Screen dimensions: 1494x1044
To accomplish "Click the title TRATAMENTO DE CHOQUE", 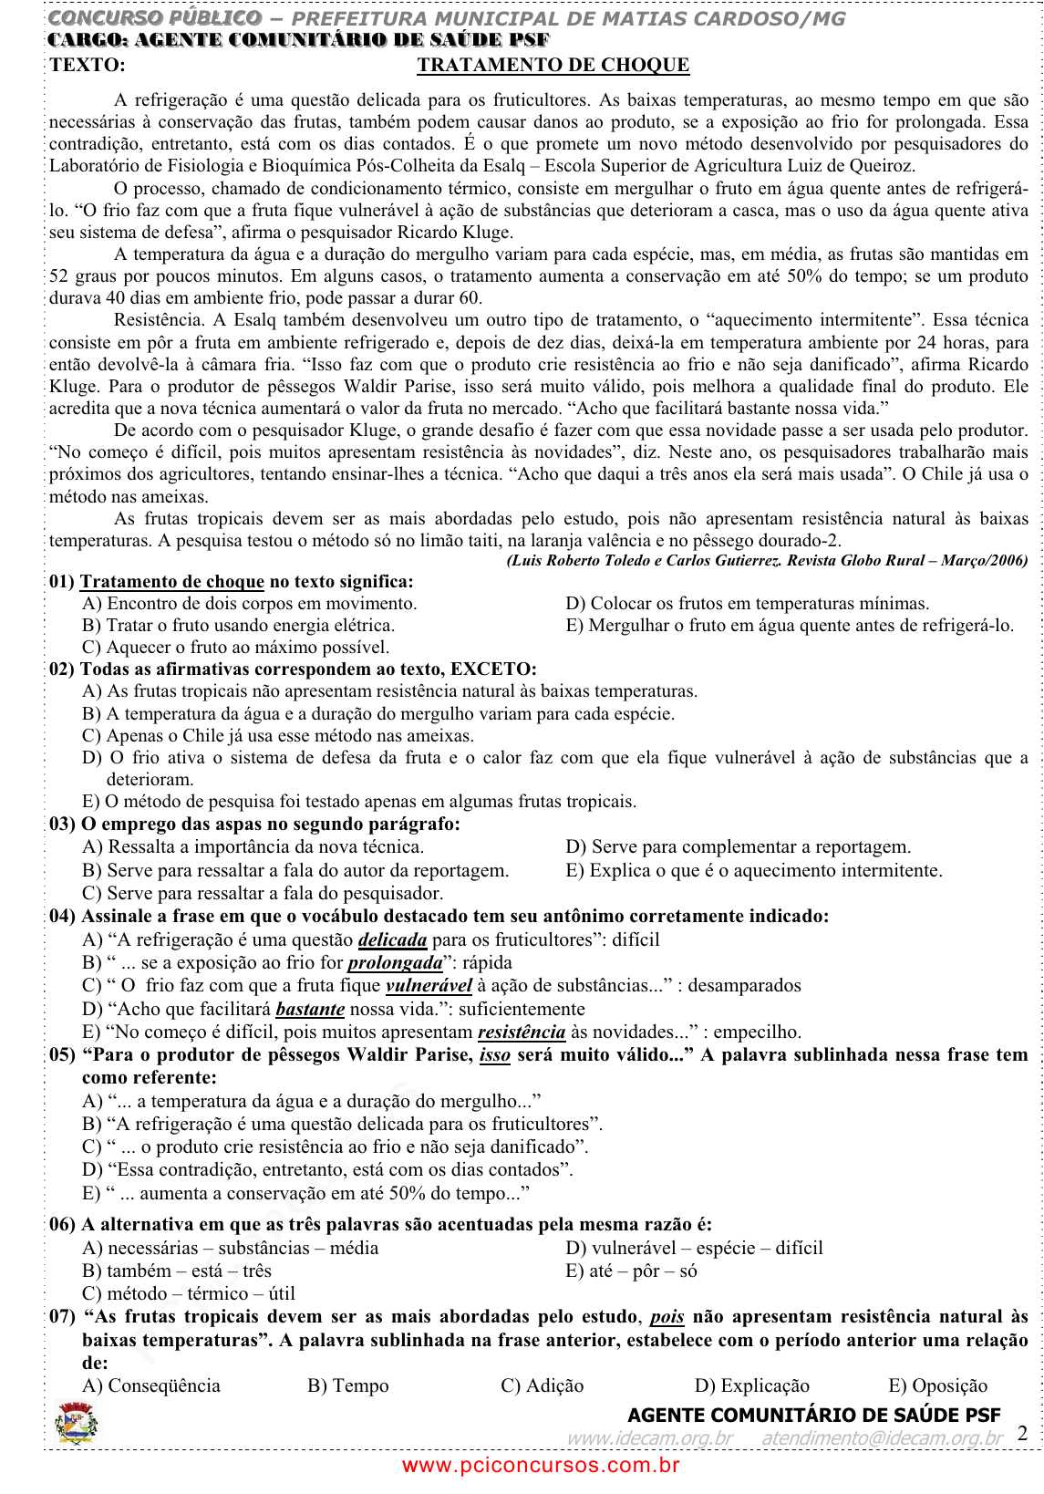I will click(553, 65).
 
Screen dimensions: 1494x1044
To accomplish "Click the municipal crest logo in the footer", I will click(76, 1423).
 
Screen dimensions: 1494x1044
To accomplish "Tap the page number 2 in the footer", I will click(1022, 1432).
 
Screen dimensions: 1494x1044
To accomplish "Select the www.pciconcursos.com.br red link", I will click(541, 1465).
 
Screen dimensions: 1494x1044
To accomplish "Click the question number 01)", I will click(62, 581).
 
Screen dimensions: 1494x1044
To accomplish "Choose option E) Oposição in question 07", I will click(937, 1385).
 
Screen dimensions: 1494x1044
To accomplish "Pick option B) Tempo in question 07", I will click(347, 1385).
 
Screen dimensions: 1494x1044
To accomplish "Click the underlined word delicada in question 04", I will click(392, 939).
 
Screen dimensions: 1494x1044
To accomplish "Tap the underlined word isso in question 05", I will click(494, 1054).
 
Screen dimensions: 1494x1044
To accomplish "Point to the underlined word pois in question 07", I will click(667, 1316).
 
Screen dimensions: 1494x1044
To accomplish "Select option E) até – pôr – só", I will click(631, 1271).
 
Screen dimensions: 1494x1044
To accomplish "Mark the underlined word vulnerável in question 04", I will click(429, 985).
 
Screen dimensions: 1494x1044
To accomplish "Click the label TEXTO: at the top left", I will click(88, 65).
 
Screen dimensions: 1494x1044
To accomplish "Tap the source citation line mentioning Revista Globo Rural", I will click(766, 560).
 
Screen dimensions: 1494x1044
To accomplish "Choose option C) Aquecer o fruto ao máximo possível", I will click(235, 647).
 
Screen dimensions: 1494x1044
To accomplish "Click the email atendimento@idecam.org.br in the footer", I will click(881, 1437).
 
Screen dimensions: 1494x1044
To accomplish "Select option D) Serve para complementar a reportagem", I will click(738, 846).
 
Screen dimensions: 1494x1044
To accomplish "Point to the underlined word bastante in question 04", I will click(310, 1009).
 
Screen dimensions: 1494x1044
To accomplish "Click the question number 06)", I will click(62, 1224).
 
